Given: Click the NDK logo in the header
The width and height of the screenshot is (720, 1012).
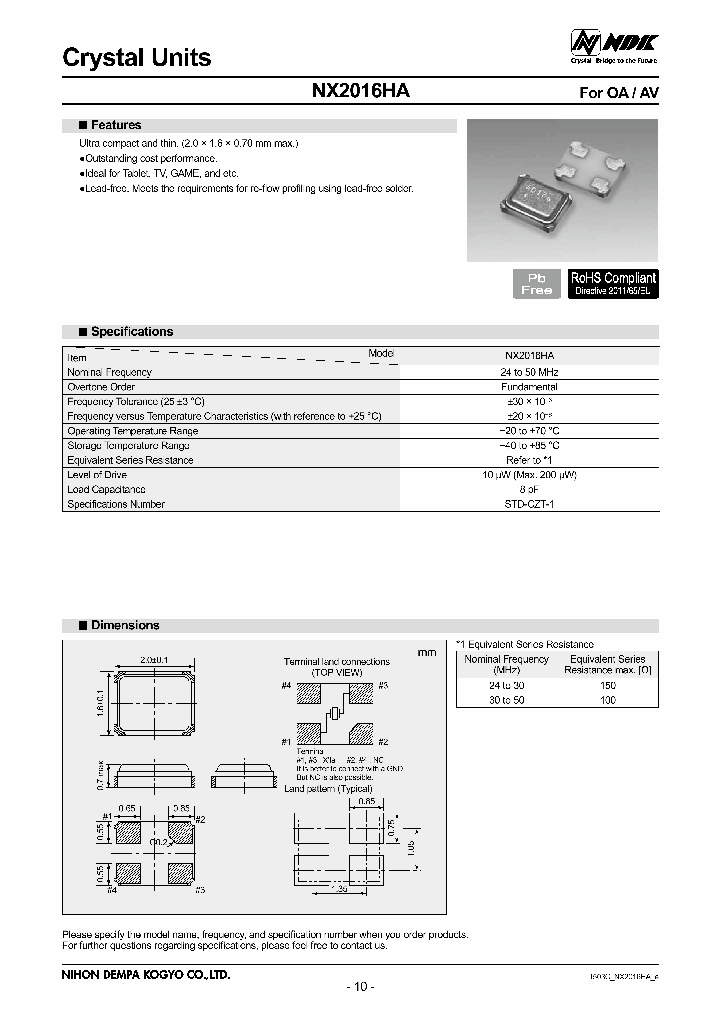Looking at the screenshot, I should point(614,43).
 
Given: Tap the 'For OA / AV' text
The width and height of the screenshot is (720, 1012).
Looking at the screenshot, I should point(619,93).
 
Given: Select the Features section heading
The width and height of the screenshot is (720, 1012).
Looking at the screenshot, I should point(116,126).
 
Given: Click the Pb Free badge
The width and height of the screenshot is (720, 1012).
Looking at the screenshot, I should point(536,283).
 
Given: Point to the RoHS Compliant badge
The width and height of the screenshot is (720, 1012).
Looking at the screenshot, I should point(613,283).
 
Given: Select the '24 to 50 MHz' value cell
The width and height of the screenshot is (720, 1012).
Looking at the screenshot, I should point(531,372).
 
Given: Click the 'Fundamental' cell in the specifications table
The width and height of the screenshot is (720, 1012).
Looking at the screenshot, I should point(530,387).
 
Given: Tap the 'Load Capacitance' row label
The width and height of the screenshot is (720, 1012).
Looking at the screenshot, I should point(106,490).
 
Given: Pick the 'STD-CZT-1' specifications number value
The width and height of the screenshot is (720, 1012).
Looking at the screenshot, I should point(530,505).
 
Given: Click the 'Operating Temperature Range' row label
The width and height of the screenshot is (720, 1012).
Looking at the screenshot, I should point(132,431).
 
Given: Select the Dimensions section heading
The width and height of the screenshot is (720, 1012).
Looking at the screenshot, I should point(125,625).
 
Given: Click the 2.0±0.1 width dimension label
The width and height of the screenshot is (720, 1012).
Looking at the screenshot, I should point(155,660).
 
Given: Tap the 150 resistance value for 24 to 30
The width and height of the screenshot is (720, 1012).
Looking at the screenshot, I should point(608,686).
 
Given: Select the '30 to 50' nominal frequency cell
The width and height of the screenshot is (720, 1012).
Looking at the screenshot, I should point(506,700).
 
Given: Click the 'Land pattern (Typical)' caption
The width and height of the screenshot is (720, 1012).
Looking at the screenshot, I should point(329,789).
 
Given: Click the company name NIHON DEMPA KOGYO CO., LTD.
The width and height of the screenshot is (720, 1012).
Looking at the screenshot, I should point(146,974).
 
